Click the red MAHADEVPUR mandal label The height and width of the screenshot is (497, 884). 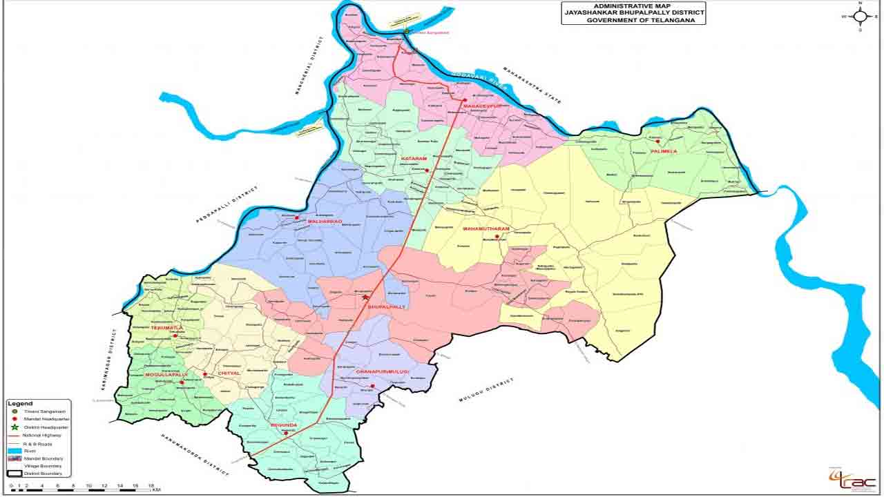click(481, 106)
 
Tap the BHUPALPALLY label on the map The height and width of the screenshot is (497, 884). click(387, 306)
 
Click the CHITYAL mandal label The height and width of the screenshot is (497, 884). click(229, 373)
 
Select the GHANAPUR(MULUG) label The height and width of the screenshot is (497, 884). click(383, 372)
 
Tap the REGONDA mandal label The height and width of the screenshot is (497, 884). click(283, 425)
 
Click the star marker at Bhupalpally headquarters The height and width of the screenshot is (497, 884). click(365, 297)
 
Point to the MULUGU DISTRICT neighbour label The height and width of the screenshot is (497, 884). click(487, 390)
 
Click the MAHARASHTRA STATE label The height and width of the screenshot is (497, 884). click(532, 85)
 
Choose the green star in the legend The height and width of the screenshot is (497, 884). click(14, 427)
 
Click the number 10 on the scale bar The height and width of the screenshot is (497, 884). click(89, 487)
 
